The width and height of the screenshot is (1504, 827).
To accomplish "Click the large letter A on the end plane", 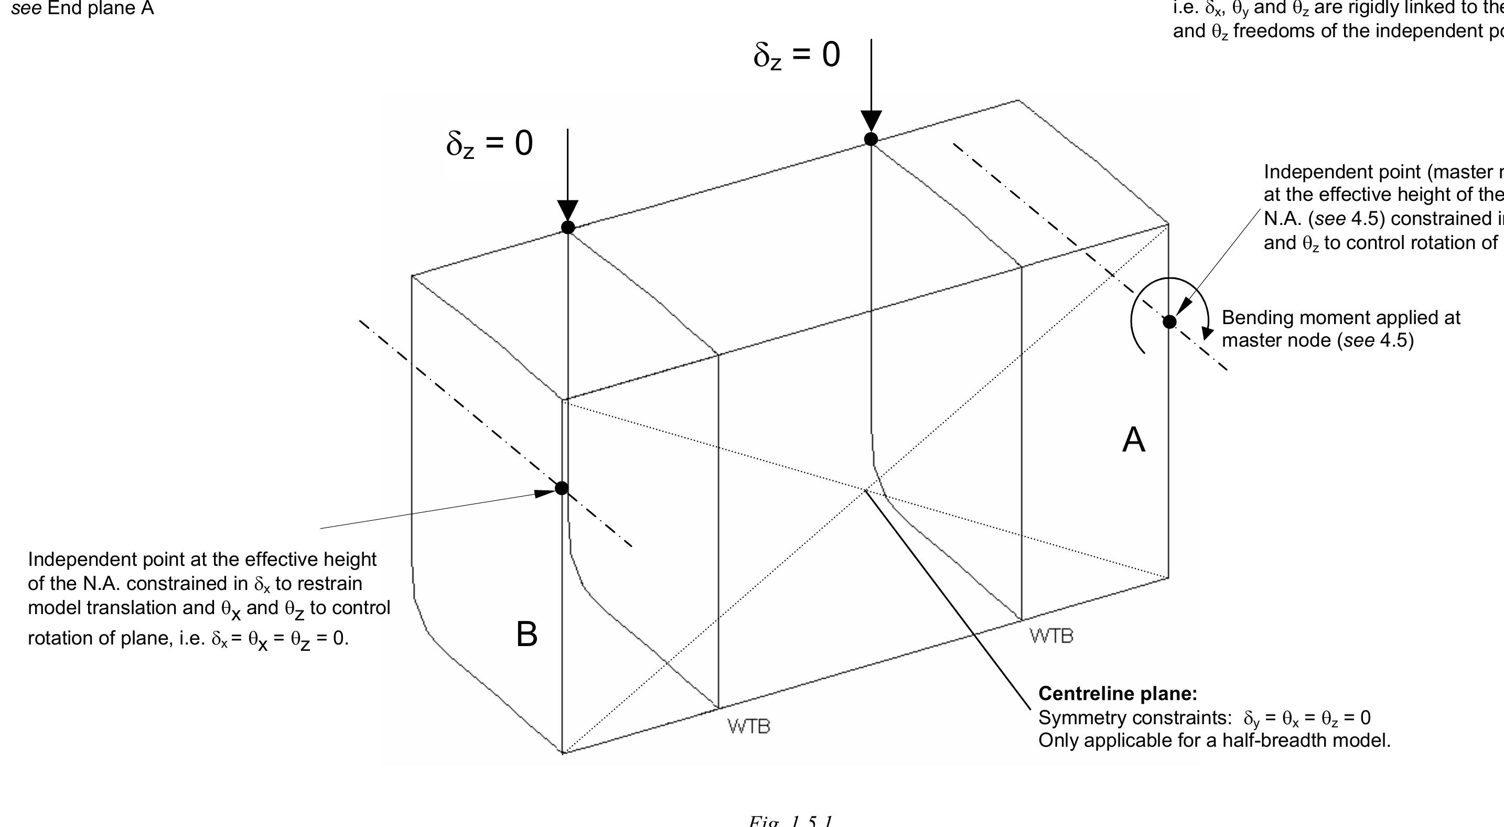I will [1133, 439].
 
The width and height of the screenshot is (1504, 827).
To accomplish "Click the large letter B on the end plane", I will [527, 634].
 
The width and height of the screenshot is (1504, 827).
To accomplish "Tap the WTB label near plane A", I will [1051, 636].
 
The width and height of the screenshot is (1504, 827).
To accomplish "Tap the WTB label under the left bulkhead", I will [748, 726].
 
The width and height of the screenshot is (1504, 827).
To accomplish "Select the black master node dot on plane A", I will [1169, 322].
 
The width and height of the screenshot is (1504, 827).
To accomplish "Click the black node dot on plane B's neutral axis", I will [562, 488].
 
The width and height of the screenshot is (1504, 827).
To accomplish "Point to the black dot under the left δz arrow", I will [567, 227].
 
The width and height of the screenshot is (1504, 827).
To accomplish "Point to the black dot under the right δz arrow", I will [871, 139].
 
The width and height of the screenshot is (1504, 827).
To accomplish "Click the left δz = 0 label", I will [489, 144].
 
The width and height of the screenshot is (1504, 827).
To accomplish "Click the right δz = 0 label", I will [797, 56].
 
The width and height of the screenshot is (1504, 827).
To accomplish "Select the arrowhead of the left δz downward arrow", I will [567, 210].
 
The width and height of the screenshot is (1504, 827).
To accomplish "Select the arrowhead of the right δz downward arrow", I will [871, 121].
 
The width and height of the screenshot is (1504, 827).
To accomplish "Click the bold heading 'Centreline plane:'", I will [1118, 694].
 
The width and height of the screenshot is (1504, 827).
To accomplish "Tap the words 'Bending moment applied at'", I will [1340, 318].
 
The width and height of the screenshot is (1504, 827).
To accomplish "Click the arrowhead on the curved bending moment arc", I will [1207, 334].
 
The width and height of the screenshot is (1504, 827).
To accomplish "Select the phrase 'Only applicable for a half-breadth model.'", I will [1215, 740].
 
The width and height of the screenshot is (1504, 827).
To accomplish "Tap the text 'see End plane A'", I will [82, 8].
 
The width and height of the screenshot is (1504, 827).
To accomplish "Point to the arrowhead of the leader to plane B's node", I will [546, 493].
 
